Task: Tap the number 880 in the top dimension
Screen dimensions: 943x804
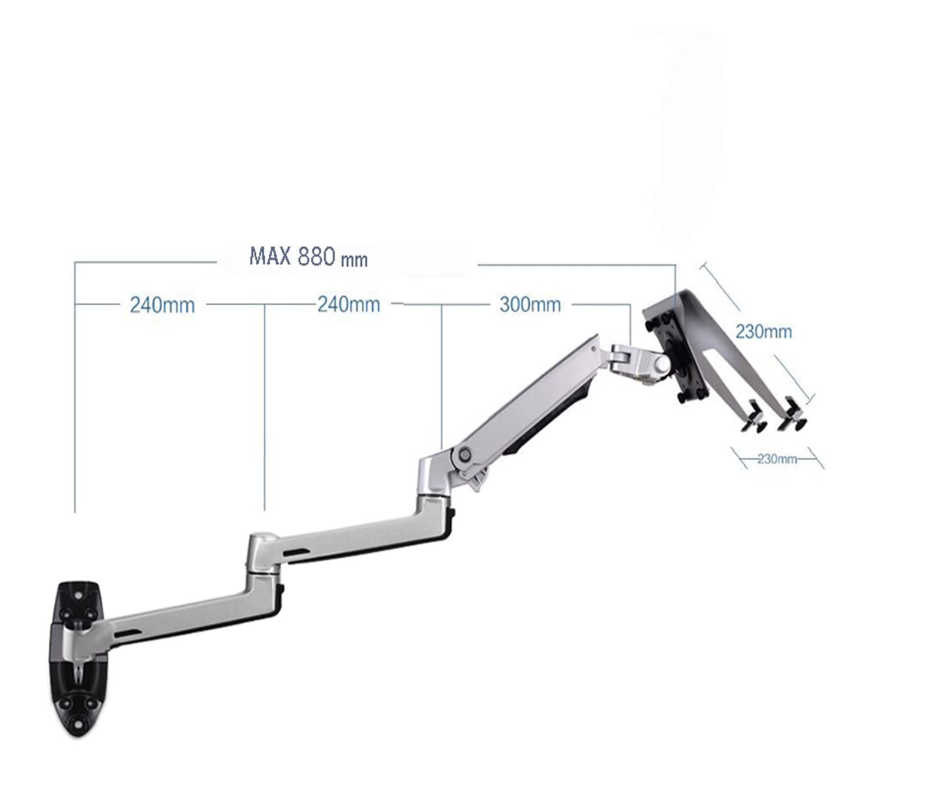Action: [x=316, y=257]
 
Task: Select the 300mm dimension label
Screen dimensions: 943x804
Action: [x=530, y=305]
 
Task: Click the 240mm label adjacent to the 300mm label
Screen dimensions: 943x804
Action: [x=349, y=305]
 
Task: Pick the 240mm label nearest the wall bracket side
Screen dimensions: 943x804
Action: [x=162, y=305]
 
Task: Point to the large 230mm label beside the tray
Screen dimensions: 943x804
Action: [x=763, y=332]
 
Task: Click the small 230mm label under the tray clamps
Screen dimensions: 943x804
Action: [x=777, y=459]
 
